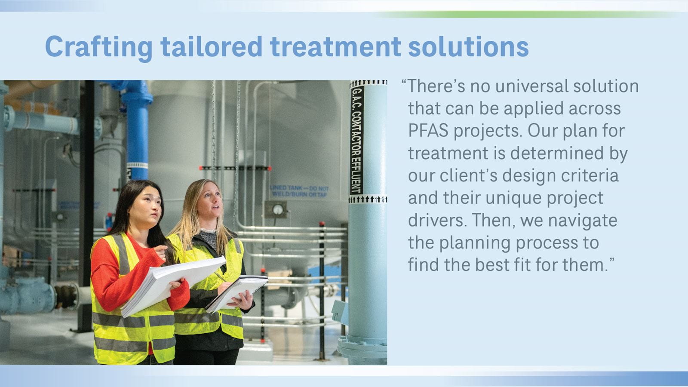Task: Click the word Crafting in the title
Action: point(98,47)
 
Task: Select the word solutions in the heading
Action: point(469,47)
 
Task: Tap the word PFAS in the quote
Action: point(428,131)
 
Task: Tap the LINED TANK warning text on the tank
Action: point(299,191)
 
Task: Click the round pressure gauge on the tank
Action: point(278,209)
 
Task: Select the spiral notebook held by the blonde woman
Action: point(236,293)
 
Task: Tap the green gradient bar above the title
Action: point(528,15)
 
